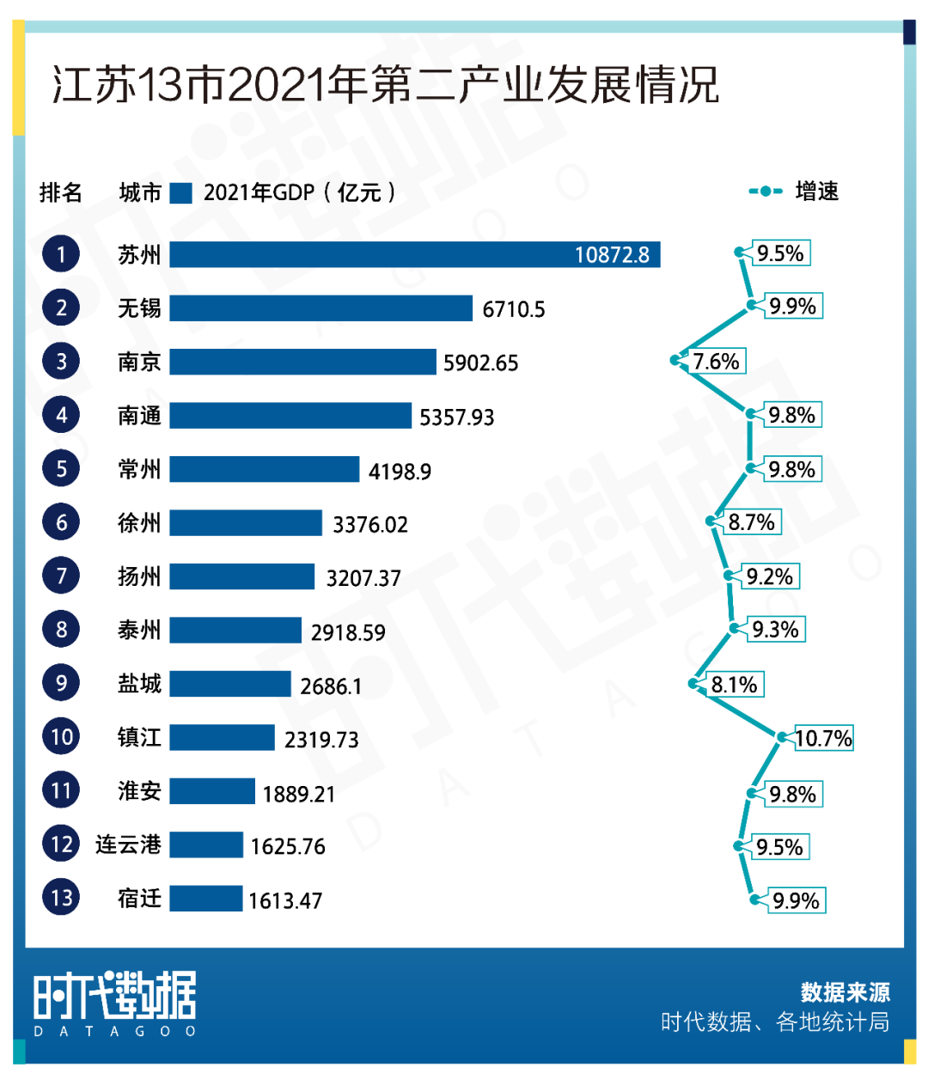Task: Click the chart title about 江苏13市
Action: click(x=385, y=86)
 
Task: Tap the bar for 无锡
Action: click(x=321, y=308)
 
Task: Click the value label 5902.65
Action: click(x=480, y=363)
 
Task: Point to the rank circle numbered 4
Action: click(x=61, y=416)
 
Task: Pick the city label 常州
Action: click(x=139, y=469)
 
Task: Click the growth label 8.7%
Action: click(x=752, y=522)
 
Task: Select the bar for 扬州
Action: click(x=241, y=576)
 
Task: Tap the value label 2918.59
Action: click(x=348, y=632)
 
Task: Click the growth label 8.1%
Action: click(x=735, y=685)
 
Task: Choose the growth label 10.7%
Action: click(x=823, y=739)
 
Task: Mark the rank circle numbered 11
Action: click(x=61, y=790)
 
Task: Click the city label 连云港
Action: click(x=128, y=844)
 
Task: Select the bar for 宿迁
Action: click(x=205, y=899)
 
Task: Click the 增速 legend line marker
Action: click(x=765, y=192)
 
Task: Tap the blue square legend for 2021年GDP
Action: click(x=180, y=192)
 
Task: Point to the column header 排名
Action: click(x=61, y=192)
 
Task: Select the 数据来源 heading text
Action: click(x=845, y=992)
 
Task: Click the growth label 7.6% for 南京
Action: click(x=717, y=362)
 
